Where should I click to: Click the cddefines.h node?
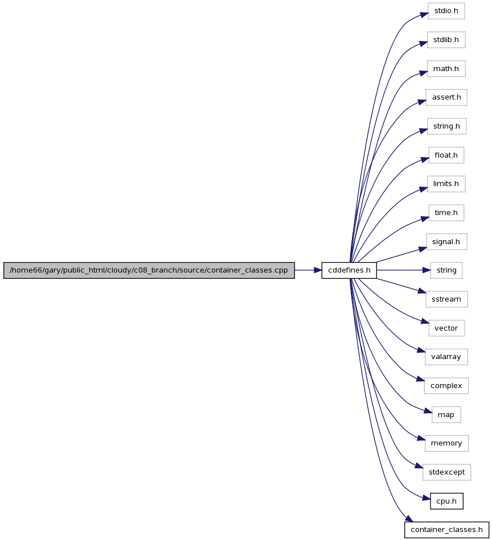[x=349, y=270]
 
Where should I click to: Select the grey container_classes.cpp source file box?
[x=149, y=270]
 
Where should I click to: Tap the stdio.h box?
[x=446, y=11]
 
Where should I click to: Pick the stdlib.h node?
[x=446, y=40]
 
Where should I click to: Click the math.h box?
[x=446, y=69]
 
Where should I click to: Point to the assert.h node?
[x=446, y=97]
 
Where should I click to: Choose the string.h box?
[x=446, y=126]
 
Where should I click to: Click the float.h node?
[x=446, y=155]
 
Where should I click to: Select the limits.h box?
[x=446, y=184]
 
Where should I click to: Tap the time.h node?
[x=446, y=213]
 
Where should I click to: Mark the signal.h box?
[x=446, y=242]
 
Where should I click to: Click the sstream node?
[x=446, y=299]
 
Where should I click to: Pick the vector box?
[x=446, y=328]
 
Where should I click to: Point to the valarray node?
[x=446, y=357]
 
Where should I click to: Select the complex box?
[x=446, y=386]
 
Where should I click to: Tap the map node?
[x=446, y=415]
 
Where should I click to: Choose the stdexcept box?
[x=446, y=472]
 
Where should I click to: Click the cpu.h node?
[x=446, y=501]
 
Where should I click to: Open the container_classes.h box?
[x=446, y=530]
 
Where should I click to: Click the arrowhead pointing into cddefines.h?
[x=318, y=270]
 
